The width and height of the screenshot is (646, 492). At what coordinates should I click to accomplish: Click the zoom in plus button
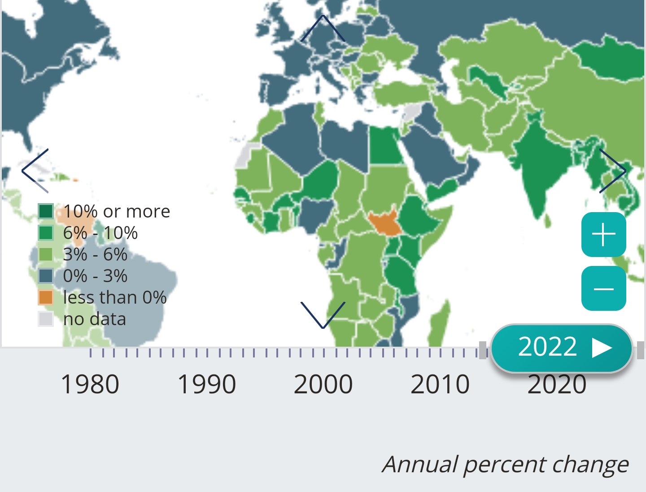603,235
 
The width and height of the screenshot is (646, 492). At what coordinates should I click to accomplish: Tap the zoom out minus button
603,288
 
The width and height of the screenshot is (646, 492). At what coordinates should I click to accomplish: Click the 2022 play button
562,348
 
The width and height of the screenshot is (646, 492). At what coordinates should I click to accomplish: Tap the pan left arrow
35,170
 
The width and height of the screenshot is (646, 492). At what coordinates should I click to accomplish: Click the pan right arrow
612,170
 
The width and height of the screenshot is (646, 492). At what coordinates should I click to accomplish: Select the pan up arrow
323,28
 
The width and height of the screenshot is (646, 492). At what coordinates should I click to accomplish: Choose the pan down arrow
323,315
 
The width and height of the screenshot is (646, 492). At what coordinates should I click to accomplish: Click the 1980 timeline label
90,384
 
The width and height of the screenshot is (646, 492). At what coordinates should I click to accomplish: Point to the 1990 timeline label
207,384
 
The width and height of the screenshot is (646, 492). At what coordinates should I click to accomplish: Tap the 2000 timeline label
323,384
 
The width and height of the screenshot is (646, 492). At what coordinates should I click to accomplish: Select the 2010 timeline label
440,384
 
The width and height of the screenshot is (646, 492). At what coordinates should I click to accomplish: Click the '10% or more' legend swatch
46,211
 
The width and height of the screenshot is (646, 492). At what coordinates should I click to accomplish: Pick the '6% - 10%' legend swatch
46,233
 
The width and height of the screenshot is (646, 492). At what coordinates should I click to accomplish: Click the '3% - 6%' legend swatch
46,254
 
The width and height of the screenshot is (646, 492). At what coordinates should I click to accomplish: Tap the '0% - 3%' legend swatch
46,276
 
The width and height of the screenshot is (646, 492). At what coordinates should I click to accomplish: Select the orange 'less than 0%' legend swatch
46,297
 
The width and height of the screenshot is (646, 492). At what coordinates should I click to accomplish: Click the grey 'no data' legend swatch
46,319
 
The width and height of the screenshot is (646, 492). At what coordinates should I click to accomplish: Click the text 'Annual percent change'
505,464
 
